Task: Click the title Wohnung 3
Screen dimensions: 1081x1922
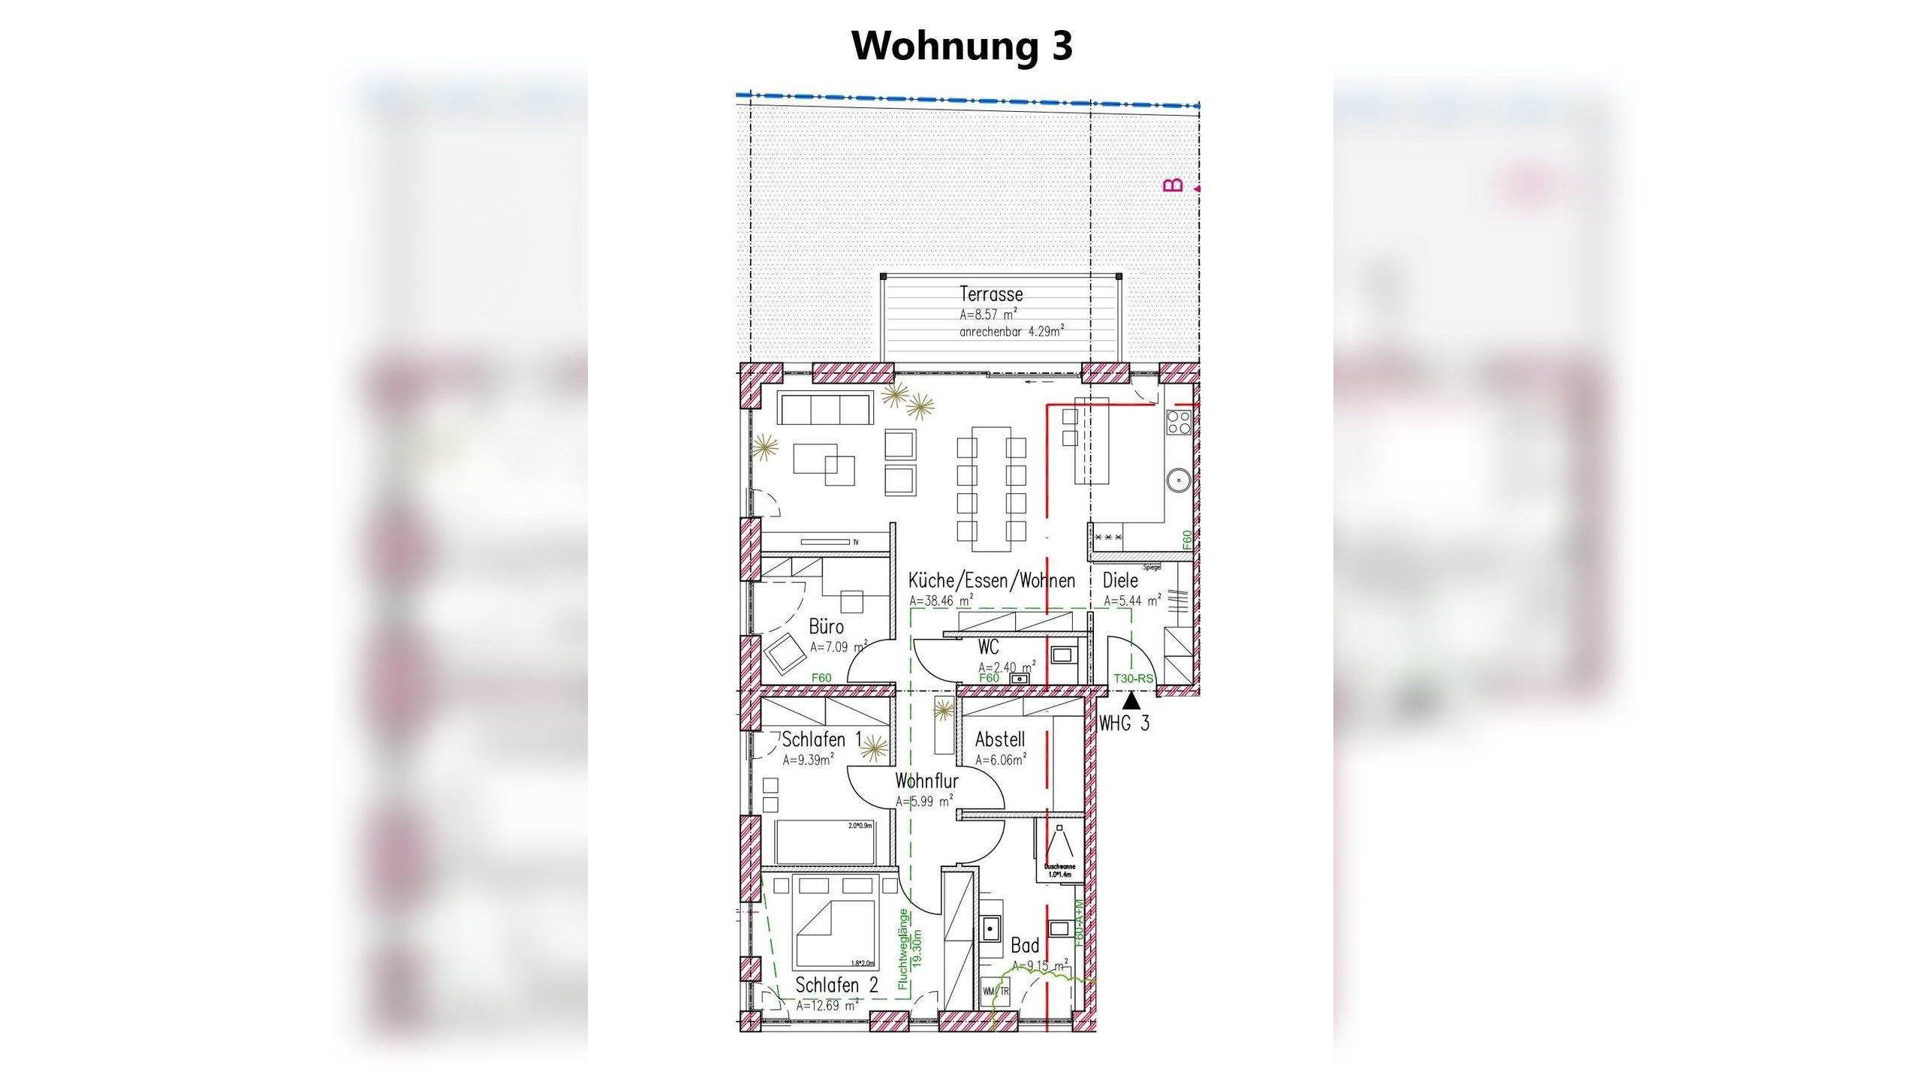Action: click(962, 46)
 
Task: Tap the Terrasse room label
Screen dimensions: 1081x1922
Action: click(990, 294)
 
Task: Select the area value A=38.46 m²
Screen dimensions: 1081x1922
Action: click(941, 601)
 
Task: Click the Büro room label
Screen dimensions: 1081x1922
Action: click(826, 627)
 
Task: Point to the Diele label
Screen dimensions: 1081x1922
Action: click(1120, 580)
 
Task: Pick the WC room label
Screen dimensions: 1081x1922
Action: click(988, 646)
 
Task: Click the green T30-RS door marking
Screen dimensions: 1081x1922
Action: click(1132, 679)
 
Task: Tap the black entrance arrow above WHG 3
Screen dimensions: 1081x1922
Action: click(1131, 701)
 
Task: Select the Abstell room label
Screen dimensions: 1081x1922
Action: click(999, 739)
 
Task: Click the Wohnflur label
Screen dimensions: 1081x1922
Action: click(926, 781)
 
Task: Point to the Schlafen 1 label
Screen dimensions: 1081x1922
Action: click(821, 739)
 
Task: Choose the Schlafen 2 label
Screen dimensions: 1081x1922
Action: click(836, 985)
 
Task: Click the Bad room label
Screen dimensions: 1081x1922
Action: click(1025, 946)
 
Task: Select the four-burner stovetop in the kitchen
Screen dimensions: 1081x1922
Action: click(1179, 423)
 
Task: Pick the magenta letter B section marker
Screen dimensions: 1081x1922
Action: click(1173, 185)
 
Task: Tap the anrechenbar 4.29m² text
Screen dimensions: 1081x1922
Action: click(1011, 331)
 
